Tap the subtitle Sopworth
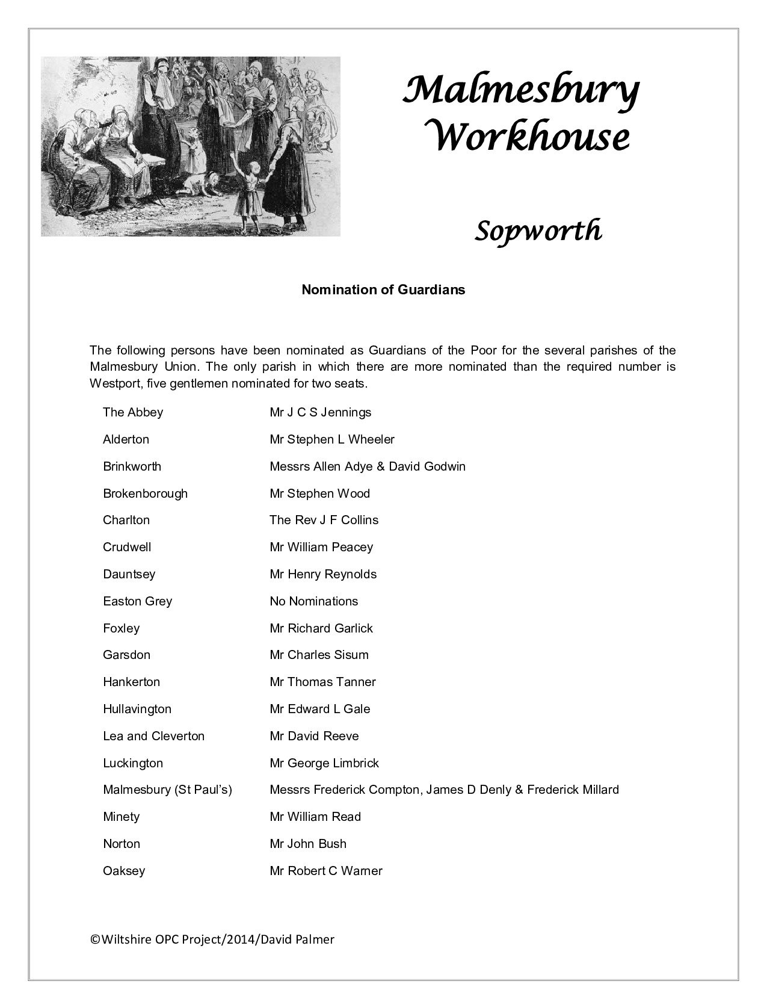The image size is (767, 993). click(x=538, y=230)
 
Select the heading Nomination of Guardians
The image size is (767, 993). click(x=383, y=289)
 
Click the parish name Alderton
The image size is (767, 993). click(x=126, y=439)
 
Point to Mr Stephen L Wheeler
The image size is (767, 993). click(x=332, y=439)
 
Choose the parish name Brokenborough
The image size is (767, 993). click(x=145, y=493)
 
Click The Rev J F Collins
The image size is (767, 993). click(x=324, y=520)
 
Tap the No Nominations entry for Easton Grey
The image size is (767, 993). click(x=313, y=601)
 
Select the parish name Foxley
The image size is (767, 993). click(x=121, y=628)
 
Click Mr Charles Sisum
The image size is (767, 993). click(x=319, y=655)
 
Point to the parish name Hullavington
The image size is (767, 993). click(x=137, y=709)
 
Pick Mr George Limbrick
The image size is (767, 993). click(x=324, y=763)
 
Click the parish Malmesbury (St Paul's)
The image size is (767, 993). click(x=167, y=790)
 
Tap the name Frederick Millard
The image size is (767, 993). click(x=573, y=790)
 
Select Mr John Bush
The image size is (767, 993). click(x=308, y=844)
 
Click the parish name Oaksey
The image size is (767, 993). click(x=124, y=871)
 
